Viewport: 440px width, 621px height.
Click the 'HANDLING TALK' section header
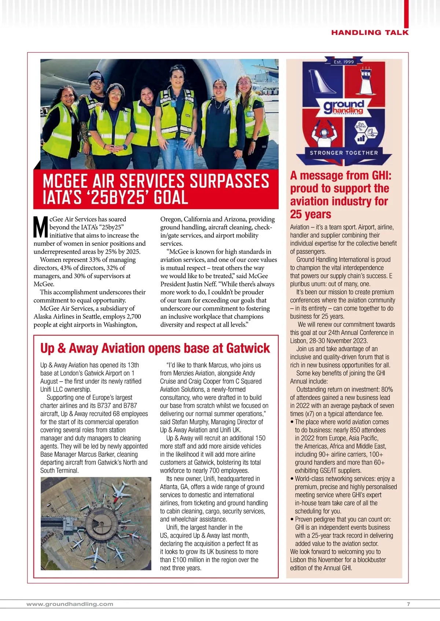pos(370,33)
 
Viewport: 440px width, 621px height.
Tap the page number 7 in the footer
pos(408,604)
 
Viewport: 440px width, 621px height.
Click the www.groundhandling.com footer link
pos(70,604)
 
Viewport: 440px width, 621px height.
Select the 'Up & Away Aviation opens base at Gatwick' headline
pos(155,348)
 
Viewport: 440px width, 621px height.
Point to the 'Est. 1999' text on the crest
pos(344,62)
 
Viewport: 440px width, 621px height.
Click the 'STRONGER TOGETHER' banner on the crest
pos(344,153)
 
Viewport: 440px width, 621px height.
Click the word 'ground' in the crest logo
pos(344,105)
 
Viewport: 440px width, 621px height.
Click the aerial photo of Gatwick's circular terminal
pos(96,524)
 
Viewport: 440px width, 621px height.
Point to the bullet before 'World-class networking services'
pos(292,479)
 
